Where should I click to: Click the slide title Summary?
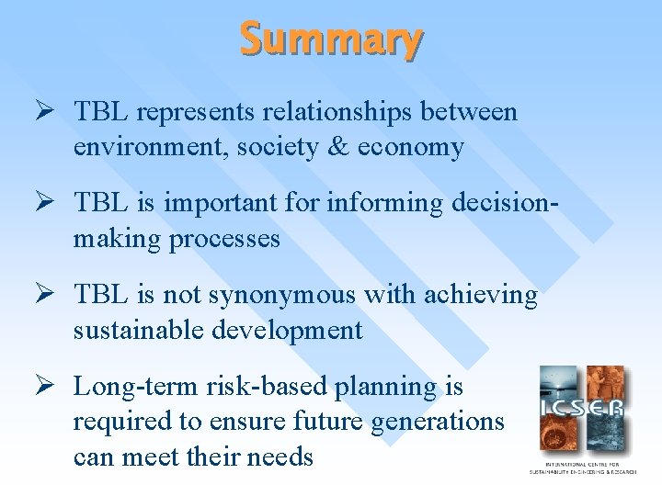tap(332, 39)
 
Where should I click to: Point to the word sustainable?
tap(139, 331)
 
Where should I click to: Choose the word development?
tap(288, 331)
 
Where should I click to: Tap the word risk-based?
tap(261, 387)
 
